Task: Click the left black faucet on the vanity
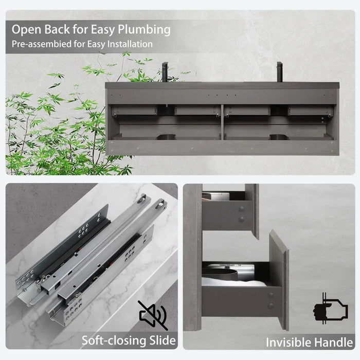pos(165,72)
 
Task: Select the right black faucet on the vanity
pos(279,71)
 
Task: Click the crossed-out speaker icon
pos(153,315)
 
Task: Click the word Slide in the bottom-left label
pos(160,340)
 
